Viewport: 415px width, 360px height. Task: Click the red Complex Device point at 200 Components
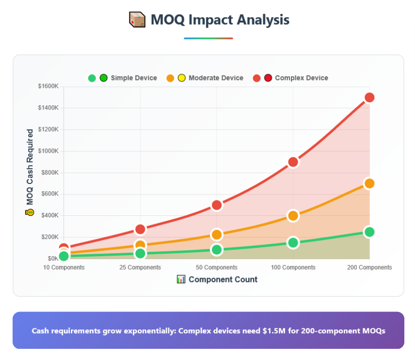(369, 98)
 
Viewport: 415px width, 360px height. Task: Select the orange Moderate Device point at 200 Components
(369, 183)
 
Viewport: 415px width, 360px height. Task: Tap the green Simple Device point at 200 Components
(369, 232)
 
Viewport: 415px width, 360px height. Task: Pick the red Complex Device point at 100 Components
(293, 162)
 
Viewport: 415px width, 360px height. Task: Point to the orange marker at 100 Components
(293, 215)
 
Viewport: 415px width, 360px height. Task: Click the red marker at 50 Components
(217, 205)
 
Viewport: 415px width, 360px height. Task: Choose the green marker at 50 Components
(217, 250)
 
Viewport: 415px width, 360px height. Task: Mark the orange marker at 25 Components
(141, 245)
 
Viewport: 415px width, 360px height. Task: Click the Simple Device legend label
(134, 78)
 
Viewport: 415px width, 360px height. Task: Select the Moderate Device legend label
(216, 78)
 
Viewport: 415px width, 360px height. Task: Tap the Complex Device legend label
(302, 78)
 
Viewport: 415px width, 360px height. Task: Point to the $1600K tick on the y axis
(48, 86)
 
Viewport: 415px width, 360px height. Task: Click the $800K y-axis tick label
(48, 172)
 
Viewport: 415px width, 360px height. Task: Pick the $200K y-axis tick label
(48, 237)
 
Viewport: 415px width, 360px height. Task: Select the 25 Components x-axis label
(141, 267)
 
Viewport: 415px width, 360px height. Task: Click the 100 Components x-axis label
(293, 267)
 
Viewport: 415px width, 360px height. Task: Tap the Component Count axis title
(223, 279)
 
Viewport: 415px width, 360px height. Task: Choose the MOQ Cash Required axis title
(30, 167)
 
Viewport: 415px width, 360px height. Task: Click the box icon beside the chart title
(137, 20)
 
